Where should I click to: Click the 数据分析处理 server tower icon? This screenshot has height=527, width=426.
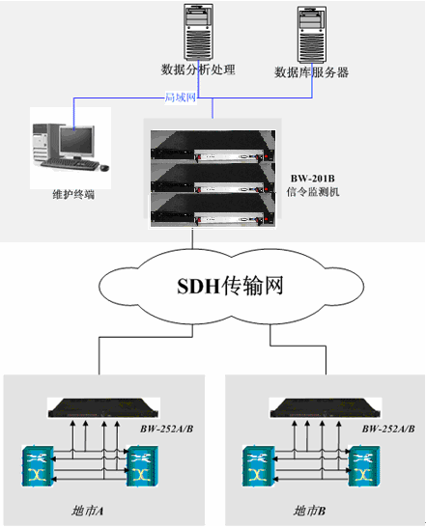click(x=199, y=32)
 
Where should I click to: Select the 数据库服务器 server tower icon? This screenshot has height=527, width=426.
click(x=312, y=35)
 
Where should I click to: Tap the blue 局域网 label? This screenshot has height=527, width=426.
click(x=180, y=97)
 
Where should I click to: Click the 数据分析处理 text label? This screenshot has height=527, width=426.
click(x=198, y=69)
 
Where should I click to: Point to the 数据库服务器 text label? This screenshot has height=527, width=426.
click(x=311, y=72)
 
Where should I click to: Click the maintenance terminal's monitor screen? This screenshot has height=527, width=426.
click(x=76, y=141)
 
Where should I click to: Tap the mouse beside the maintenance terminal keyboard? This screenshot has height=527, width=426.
click(x=104, y=167)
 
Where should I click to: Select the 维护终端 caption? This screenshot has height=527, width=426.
click(x=73, y=194)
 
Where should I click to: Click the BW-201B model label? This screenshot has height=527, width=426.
click(x=313, y=179)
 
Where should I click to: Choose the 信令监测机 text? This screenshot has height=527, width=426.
click(x=313, y=192)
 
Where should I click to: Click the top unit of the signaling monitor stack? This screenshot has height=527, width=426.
click(x=213, y=146)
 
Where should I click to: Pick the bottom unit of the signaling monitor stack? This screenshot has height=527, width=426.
click(x=213, y=209)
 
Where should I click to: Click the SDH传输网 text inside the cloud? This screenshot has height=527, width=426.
click(x=230, y=286)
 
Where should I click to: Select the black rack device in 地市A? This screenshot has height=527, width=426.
click(x=103, y=408)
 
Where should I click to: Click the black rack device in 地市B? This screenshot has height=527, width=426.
click(x=326, y=408)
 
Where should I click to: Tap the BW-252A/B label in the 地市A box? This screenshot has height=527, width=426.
click(x=166, y=429)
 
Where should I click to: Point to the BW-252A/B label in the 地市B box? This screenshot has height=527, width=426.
click(x=388, y=429)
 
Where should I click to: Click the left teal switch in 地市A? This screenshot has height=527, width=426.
click(x=38, y=466)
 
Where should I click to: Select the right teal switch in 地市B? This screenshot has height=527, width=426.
click(x=364, y=466)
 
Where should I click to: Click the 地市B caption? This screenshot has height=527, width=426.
click(x=309, y=511)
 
